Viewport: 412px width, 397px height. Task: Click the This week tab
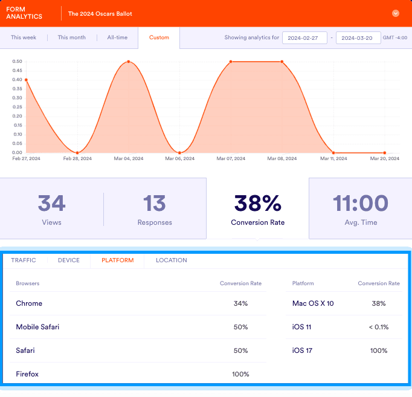24,37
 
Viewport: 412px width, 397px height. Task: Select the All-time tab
117,37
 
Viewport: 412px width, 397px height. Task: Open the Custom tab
159,37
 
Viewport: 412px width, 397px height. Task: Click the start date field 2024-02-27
304,37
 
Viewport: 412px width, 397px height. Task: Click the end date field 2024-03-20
358,37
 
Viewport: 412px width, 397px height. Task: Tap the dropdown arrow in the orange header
396,13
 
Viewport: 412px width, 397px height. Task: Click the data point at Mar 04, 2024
129,62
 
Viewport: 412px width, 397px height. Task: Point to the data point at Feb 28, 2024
77,152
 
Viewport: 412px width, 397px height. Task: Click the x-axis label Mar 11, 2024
333,159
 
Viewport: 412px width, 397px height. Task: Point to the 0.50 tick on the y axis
18,62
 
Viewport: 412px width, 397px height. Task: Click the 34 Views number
51,204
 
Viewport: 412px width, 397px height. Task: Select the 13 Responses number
155,204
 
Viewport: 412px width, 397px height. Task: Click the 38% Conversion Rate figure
257,204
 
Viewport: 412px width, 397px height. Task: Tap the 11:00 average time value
360,204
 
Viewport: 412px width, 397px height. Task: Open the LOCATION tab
171,260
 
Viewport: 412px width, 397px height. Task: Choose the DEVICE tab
68,260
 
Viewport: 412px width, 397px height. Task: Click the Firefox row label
27,374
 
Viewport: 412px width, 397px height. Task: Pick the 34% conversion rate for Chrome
240,303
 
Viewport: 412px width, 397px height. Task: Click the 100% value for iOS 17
379,350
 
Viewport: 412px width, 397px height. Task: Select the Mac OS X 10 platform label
312,303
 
